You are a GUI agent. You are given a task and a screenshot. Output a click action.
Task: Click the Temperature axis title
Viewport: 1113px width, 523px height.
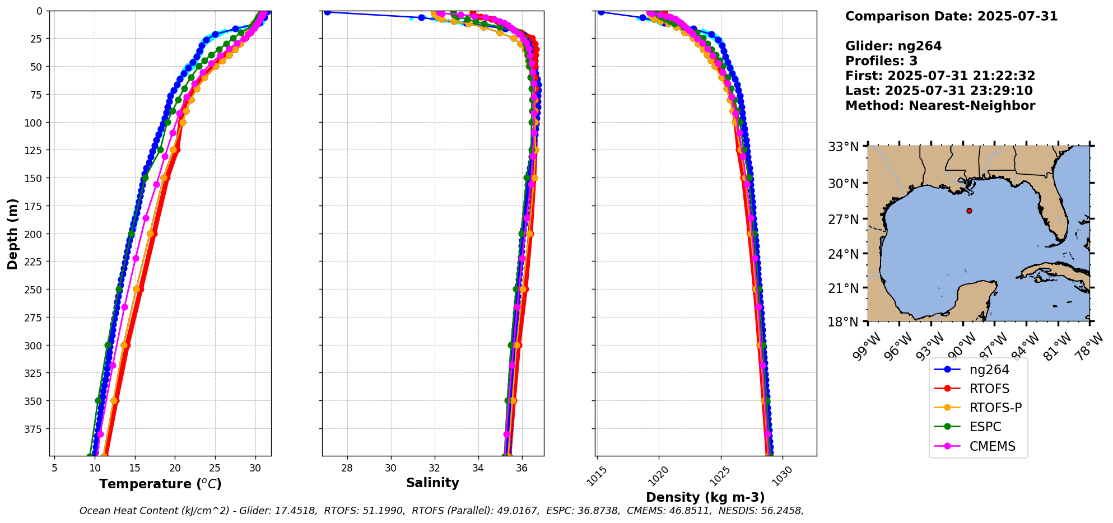coord(160,484)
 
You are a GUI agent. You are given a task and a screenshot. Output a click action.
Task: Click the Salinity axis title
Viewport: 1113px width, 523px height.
coord(432,483)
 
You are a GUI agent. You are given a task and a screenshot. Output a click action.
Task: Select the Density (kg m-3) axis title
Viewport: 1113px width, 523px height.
coord(705,497)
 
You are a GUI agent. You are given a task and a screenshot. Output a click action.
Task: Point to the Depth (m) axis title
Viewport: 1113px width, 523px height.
coord(12,234)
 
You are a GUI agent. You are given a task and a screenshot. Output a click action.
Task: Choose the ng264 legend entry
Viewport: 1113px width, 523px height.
coord(989,370)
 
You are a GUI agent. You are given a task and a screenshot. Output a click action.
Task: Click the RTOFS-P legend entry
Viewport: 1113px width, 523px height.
coord(995,408)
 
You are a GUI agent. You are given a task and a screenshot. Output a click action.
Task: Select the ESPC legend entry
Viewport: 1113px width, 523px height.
coord(985,427)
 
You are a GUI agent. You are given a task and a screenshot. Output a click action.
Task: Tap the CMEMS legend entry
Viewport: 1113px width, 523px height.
coord(992,446)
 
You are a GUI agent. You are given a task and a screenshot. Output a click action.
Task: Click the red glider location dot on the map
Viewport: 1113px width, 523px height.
coord(969,211)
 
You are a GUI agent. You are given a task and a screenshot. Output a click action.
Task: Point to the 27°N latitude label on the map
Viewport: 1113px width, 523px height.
coord(844,220)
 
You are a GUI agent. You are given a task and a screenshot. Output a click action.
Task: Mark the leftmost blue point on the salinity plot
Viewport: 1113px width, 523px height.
coord(327,12)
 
